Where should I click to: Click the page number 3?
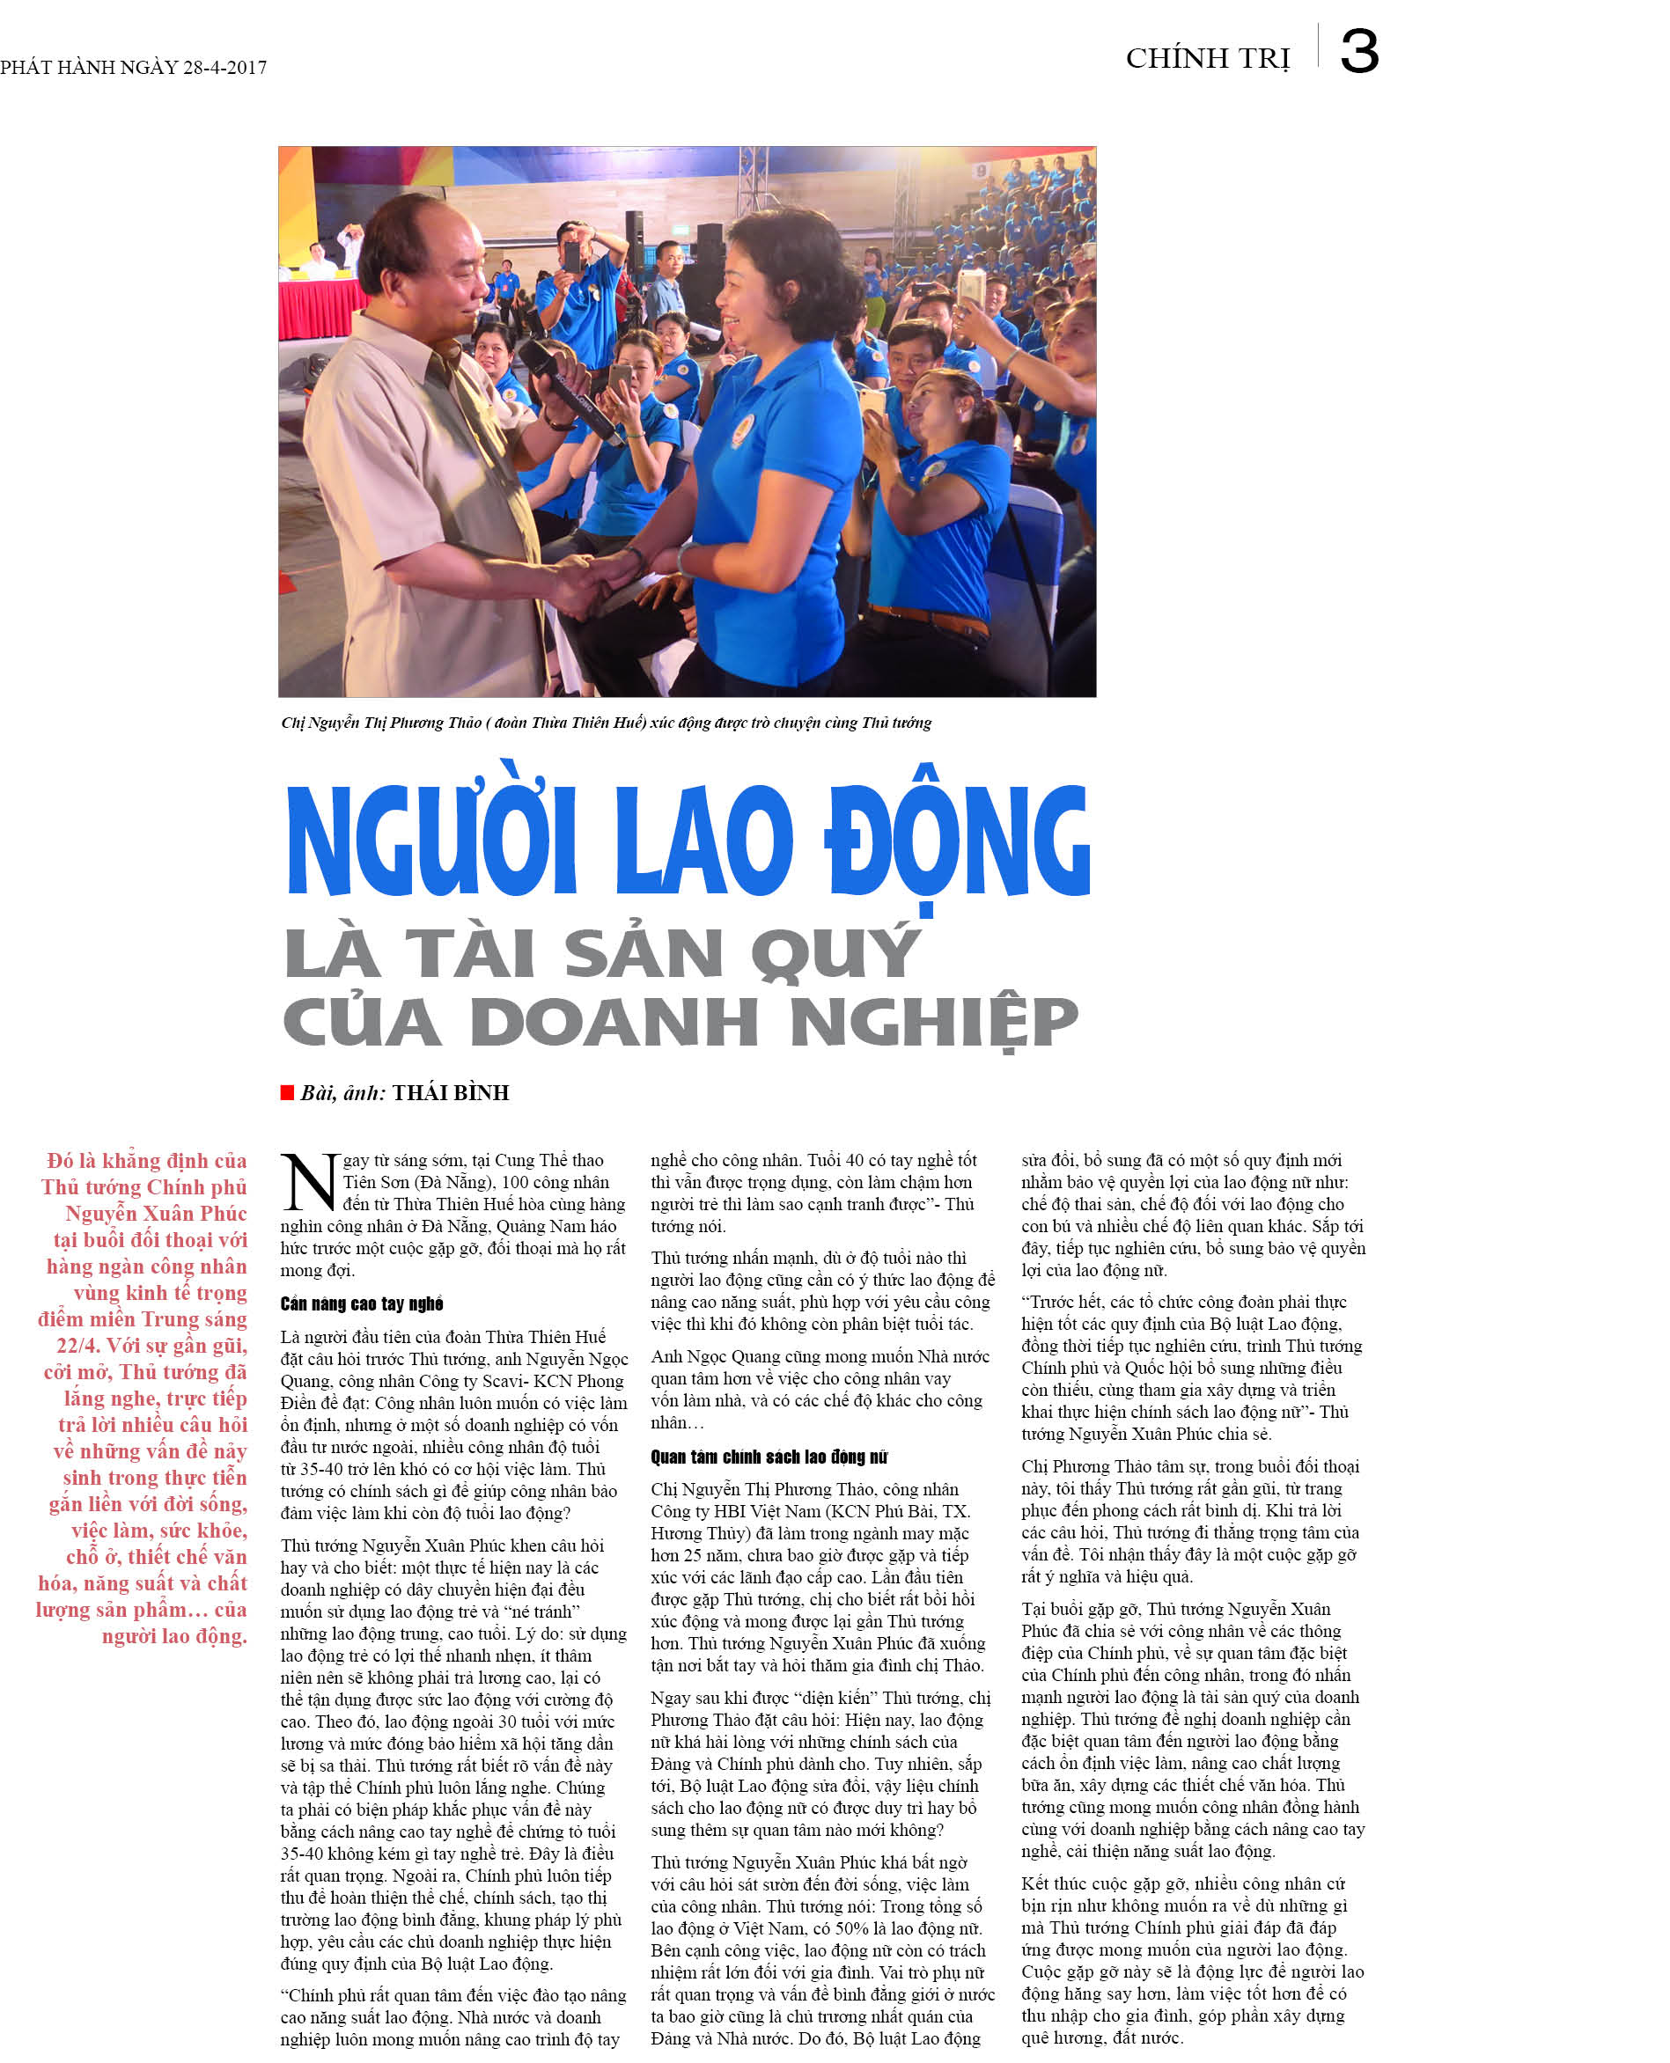[x=1358, y=52]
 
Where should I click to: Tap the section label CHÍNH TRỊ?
[x=1207, y=59]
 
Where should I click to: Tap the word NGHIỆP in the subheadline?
[x=933, y=1022]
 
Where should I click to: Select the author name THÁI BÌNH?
[x=450, y=1092]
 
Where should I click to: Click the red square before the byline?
[x=287, y=1091]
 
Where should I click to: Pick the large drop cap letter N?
[x=309, y=1182]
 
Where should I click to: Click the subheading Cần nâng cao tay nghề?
[x=362, y=1303]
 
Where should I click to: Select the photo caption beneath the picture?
[x=606, y=723]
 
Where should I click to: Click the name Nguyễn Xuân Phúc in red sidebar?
[x=156, y=1213]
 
